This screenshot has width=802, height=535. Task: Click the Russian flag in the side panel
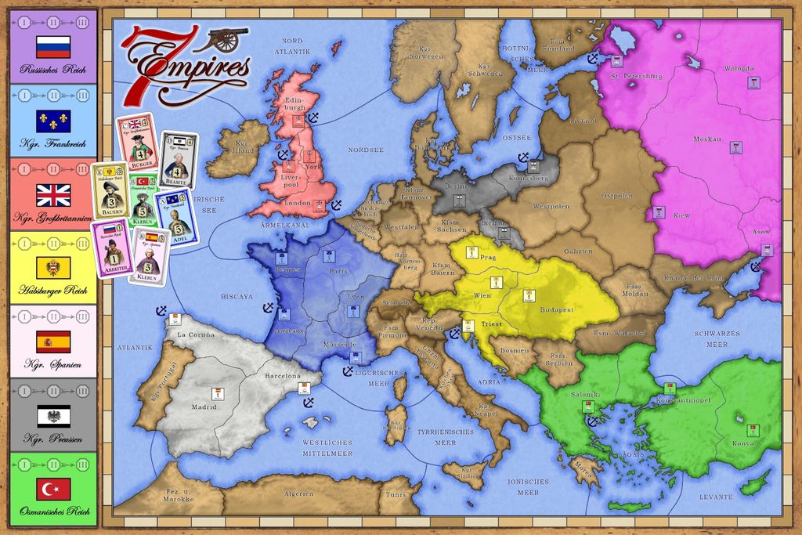click(x=53, y=47)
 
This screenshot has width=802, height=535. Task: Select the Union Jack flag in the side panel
click(x=53, y=194)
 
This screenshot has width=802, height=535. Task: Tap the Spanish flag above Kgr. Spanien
click(x=53, y=342)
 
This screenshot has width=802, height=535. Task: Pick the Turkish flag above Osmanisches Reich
click(x=53, y=489)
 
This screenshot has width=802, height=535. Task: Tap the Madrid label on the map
click(x=204, y=407)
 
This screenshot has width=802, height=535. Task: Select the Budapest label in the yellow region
click(x=557, y=309)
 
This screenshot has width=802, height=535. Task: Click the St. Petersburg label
click(x=636, y=76)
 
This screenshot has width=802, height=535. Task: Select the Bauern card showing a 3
click(x=110, y=188)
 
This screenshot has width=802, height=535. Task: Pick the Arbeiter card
click(x=110, y=247)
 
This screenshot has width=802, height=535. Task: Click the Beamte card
click(x=179, y=160)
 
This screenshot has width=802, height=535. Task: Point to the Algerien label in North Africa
click(x=298, y=493)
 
